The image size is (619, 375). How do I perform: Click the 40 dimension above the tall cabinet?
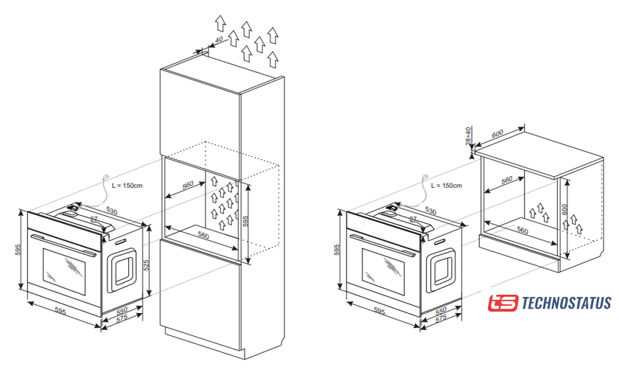point(219,40)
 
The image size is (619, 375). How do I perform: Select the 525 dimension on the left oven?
point(146,264)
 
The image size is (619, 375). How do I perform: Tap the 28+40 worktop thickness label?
point(469,136)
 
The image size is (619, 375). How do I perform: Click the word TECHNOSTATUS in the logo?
point(567,303)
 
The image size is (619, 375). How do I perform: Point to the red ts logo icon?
point(503,303)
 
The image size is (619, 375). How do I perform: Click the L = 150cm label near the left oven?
point(127,185)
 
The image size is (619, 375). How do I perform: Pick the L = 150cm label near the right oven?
point(446,185)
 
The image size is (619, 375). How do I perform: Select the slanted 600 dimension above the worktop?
point(497,134)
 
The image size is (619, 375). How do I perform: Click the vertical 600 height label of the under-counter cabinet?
point(564,210)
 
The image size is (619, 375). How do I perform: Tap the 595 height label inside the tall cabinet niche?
point(245,220)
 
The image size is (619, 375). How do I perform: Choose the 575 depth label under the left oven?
point(122,318)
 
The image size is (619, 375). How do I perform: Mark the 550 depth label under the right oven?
point(441,311)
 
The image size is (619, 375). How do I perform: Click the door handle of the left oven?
point(63,245)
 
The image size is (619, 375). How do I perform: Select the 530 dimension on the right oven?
point(430,211)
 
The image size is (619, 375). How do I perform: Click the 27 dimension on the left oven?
point(94,219)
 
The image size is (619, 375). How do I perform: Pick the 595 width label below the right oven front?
point(379,312)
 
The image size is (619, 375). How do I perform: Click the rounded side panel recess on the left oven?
point(122,270)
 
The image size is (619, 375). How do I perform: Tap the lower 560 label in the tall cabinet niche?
point(203,236)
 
